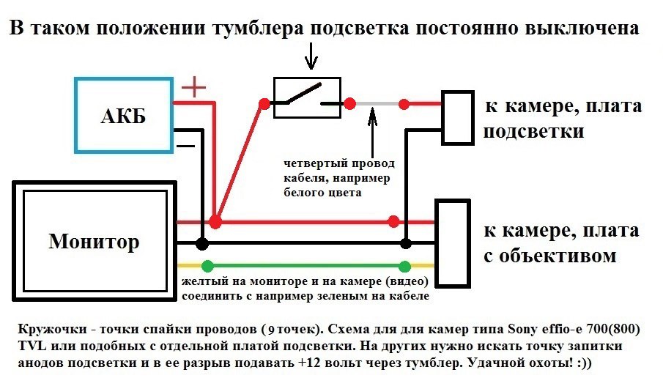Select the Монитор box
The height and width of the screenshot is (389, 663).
(93, 241)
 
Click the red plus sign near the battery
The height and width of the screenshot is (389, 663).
(193, 89)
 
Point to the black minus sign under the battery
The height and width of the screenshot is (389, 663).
(186, 145)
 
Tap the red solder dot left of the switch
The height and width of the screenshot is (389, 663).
(262, 104)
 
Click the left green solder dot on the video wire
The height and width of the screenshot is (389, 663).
(208, 266)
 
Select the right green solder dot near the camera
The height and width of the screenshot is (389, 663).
(404, 266)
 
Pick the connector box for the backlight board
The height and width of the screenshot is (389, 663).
(457, 116)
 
